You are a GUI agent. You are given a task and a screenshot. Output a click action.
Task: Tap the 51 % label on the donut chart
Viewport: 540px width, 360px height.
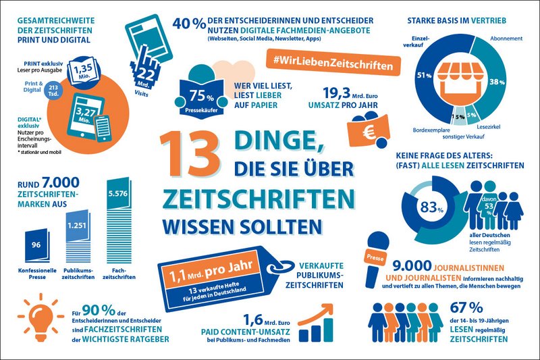tap(424, 75)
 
